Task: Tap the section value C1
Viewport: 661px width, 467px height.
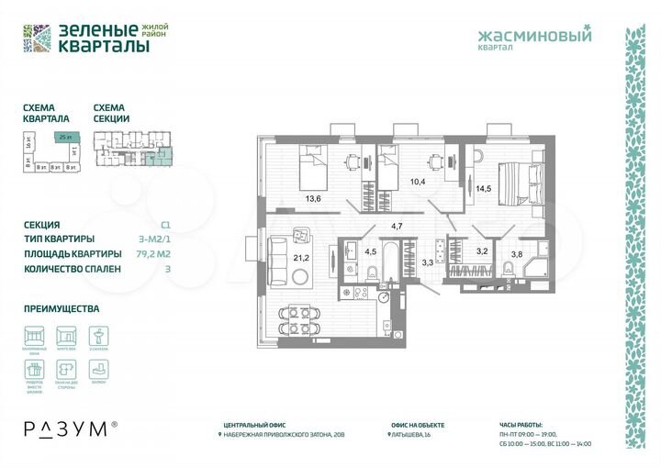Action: (x=165, y=224)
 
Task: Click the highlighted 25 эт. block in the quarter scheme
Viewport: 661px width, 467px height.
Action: (x=64, y=137)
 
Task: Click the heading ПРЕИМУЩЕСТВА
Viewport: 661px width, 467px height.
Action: (x=62, y=309)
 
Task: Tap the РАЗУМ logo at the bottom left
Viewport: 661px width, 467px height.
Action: (x=69, y=428)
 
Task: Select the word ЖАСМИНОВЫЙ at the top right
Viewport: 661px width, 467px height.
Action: (x=535, y=37)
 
